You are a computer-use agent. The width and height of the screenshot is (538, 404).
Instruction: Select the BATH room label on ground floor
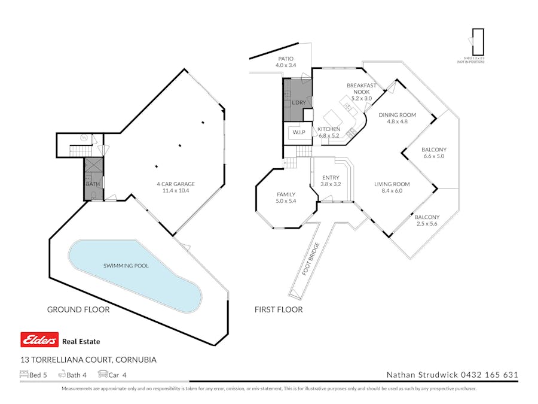click(93, 184)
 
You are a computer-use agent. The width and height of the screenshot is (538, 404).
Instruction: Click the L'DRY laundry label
click(298, 103)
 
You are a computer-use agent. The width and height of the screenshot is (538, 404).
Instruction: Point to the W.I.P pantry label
click(299, 132)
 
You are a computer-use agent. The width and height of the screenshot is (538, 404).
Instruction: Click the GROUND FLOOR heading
click(78, 309)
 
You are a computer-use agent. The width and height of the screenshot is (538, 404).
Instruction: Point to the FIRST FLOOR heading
click(278, 309)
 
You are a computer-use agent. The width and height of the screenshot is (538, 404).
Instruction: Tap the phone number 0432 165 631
click(488, 375)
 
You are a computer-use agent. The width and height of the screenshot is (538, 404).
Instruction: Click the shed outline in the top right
click(478, 42)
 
